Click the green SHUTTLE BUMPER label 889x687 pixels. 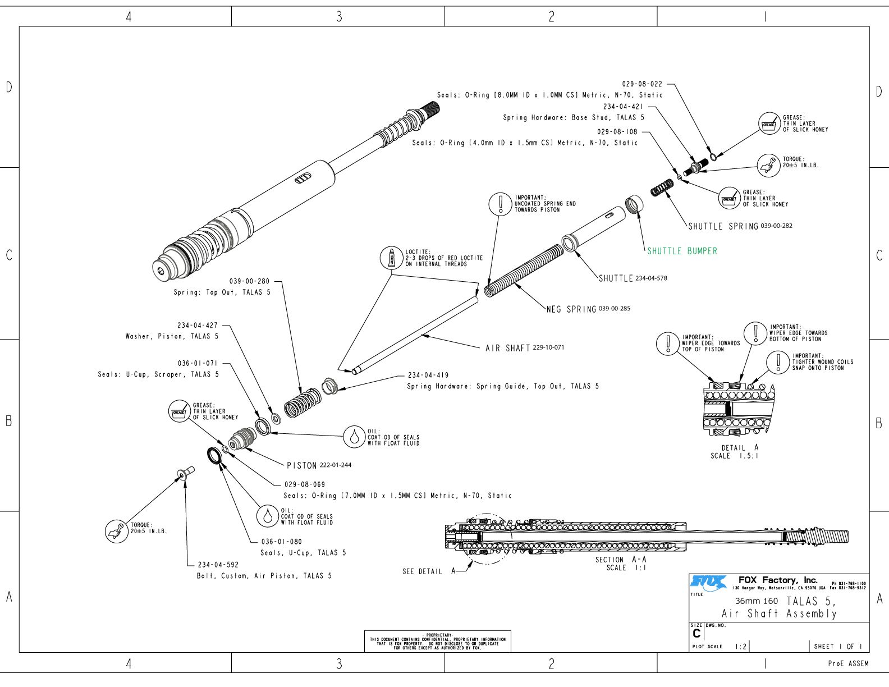(682, 251)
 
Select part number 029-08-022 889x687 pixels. (642, 84)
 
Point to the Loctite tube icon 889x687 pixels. (392, 258)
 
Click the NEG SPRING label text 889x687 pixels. (571, 309)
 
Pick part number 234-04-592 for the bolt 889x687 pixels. (218, 565)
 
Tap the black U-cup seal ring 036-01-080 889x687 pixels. (214, 455)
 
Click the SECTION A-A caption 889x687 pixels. (621, 560)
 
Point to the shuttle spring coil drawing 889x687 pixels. (662, 187)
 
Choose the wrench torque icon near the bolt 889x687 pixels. (117, 531)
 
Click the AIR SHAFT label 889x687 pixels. (508, 348)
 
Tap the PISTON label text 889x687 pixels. (302, 465)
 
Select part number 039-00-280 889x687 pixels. (249, 281)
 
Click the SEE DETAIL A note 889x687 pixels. (429, 571)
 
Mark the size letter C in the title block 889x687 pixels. (696, 634)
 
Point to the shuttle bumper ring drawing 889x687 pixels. (634, 204)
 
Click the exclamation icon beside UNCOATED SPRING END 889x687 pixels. (501, 203)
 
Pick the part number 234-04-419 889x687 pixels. (428, 375)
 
